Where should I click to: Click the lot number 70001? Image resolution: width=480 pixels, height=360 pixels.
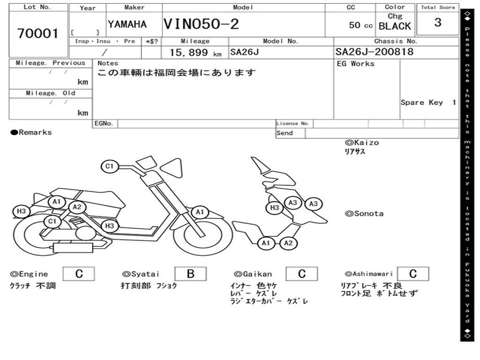point(37,33)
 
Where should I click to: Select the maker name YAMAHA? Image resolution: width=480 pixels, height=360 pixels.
point(127,24)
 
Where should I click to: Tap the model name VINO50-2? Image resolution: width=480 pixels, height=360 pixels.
point(201,24)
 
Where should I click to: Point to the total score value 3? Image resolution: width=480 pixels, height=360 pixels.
point(438,22)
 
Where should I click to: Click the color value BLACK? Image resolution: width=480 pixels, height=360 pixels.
point(395,26)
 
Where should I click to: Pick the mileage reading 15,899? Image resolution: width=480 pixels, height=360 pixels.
point(189,52)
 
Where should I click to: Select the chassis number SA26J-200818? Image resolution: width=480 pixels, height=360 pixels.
point(375,52)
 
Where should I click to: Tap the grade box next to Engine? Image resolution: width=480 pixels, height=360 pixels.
point(79,274)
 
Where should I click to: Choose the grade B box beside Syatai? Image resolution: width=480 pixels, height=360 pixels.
point(190,274)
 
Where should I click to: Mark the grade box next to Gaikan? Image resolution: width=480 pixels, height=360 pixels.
point(301,274)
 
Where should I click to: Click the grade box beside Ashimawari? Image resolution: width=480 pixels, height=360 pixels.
point(412,274)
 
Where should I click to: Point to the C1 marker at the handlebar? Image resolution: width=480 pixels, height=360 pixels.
point(110,166)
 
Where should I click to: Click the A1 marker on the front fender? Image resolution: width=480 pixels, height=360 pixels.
point(200,212)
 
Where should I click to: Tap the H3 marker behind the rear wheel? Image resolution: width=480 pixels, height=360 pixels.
point(22,211)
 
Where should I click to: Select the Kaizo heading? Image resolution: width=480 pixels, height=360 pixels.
point(362,142)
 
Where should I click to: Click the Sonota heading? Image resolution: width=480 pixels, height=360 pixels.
point(364,214)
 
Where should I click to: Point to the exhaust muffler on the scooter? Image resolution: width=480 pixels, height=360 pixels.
point(73,247)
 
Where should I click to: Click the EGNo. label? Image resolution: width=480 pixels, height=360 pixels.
point(104,123)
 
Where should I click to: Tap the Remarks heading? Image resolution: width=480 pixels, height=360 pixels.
point(31,132)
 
